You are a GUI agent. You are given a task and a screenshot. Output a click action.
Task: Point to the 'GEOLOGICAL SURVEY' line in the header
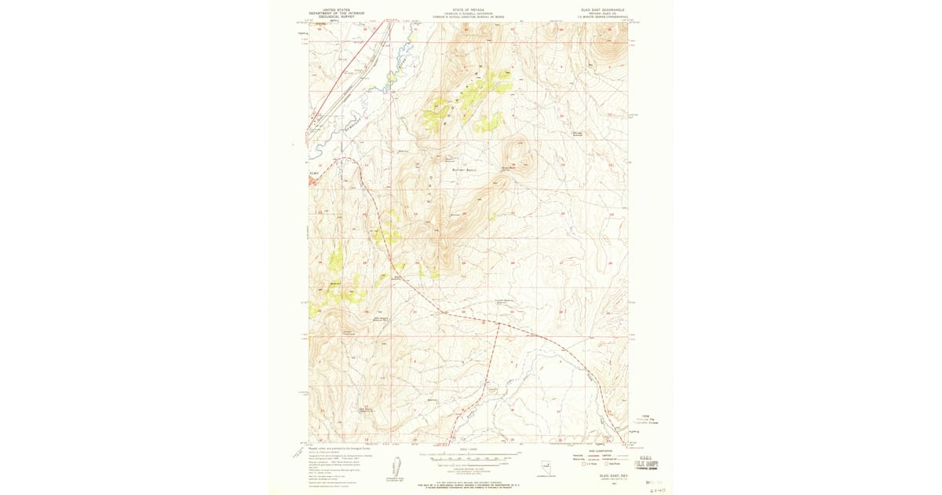point(330,16)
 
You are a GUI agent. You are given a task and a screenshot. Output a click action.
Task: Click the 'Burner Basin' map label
point(465,170)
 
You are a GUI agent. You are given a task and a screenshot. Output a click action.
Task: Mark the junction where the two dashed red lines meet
point(497,322)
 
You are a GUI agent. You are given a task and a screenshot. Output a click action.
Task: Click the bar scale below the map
point(469,458)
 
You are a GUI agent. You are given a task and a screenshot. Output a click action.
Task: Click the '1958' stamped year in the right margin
point(645,416)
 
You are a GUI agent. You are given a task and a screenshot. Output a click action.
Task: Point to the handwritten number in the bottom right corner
point(658,488)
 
